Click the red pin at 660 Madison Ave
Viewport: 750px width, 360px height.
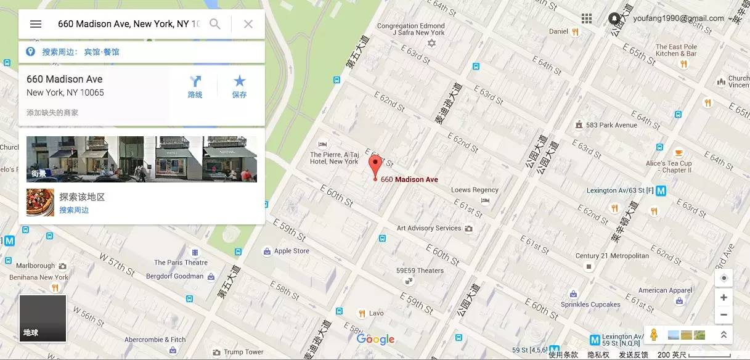point(375,165)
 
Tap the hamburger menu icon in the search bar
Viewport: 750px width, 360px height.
point(36,24)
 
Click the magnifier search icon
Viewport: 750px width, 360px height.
point(215,24)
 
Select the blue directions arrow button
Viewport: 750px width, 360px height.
point(195,81)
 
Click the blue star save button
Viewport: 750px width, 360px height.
point(240,81)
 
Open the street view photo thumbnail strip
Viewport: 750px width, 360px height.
point(142,158)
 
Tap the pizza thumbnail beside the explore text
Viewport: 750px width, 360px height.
point(40,202)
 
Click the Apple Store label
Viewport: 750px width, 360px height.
point(291,251)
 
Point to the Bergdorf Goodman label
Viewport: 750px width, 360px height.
point(174,276)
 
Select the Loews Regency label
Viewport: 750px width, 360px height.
point(475,190)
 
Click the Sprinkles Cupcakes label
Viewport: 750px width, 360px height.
point(590,305)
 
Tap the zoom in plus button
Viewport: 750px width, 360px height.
point(724,298)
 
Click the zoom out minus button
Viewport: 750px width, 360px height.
point(724,314)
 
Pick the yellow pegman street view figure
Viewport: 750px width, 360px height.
point(654,335)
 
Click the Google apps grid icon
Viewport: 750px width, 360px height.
point(587,18)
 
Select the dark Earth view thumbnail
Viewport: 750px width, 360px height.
point(43,317)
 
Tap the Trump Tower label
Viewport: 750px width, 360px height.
point(243,352)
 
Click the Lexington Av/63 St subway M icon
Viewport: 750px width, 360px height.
point(661,191)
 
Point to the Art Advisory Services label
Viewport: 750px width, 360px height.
point(429,228)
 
